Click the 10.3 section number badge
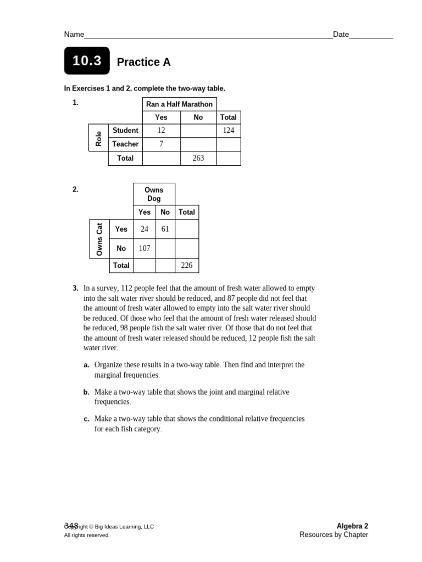pos(87,61)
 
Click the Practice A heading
pos(143,63)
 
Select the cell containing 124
pos(228,131)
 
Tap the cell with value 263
pos(198,158)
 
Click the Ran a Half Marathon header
pos(179,104)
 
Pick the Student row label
pos(125,131)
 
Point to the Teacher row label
pos(125,144)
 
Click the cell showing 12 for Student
pos(161,131)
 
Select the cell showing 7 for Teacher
pos(161,144)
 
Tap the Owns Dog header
pos(154,194)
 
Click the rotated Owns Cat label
pos(99,239)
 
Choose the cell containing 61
pos(165,229)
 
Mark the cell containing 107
pos(145,249)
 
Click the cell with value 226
pos(187,266)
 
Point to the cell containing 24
pos(145,229)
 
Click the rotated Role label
pos(99,138)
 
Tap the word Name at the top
pos(74,35)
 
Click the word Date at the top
pos(341,35)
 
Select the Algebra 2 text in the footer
pos(352,526)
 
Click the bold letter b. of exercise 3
pos(86,392)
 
